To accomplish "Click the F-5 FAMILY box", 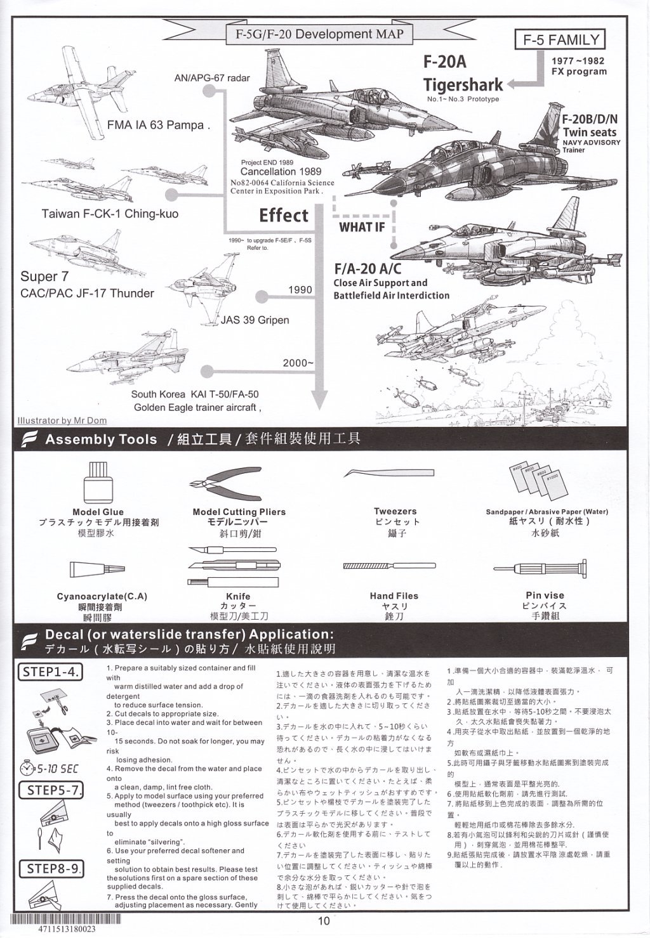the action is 560,40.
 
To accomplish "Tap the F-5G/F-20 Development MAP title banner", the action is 315,34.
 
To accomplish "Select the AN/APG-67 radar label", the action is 212,78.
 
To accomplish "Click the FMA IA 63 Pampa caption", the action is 158,125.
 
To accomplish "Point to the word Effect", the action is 283,216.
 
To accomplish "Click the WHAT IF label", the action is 362,227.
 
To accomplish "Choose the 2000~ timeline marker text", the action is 298,363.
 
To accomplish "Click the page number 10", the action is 324,922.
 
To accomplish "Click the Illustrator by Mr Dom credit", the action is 62,420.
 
